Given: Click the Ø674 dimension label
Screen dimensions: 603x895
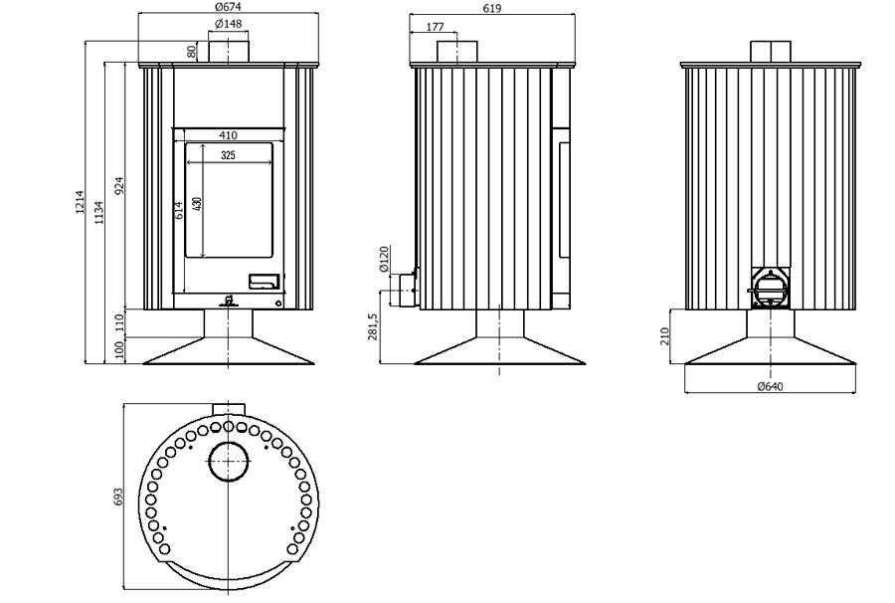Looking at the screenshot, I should click(x=229, y=7).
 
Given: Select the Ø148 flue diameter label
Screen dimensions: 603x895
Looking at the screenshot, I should click(x=229, y=24).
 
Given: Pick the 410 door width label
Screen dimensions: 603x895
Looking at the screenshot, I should click(x=229, y=135).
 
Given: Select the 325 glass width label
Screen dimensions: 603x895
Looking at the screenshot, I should click(x=228, y=155).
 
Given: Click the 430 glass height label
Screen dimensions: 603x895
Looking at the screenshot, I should click(x=197, y=202).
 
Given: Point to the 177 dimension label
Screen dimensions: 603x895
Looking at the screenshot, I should click(x=435, y=27).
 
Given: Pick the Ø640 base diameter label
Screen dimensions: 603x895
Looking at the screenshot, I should click(x=770, y=387).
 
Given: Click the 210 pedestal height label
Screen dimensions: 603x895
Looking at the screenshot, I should click(x=666, y=336).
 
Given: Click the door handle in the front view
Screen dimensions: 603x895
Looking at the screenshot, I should click(x=264, y=282).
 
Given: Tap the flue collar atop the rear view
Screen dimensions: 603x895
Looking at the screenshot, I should click(x=770, y=52).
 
